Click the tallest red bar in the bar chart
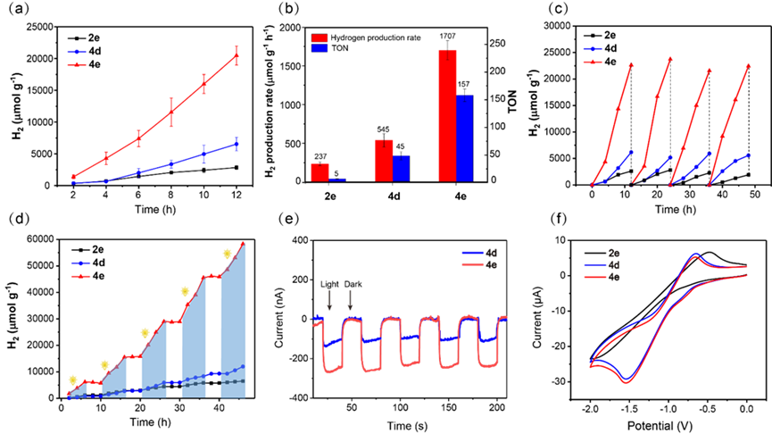click(447, 115)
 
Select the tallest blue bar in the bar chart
click(464, 138)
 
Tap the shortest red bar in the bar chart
click(320, 172)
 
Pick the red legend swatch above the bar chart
click(320, 38)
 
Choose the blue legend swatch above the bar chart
click(320, 48)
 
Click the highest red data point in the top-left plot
click(237, 55)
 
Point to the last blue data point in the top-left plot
click(237, 143)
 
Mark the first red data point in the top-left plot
click(73, 177)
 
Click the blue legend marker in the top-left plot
click(78, 52)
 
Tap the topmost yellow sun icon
click(227, 255)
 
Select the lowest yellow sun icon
click(72, 380)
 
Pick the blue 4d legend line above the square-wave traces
click(473, 254)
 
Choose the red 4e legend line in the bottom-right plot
click(595, 278)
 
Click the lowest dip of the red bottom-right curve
click(627, 382)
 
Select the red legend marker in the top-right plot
click(593, 63)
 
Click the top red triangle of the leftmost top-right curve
click(631, 64)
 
